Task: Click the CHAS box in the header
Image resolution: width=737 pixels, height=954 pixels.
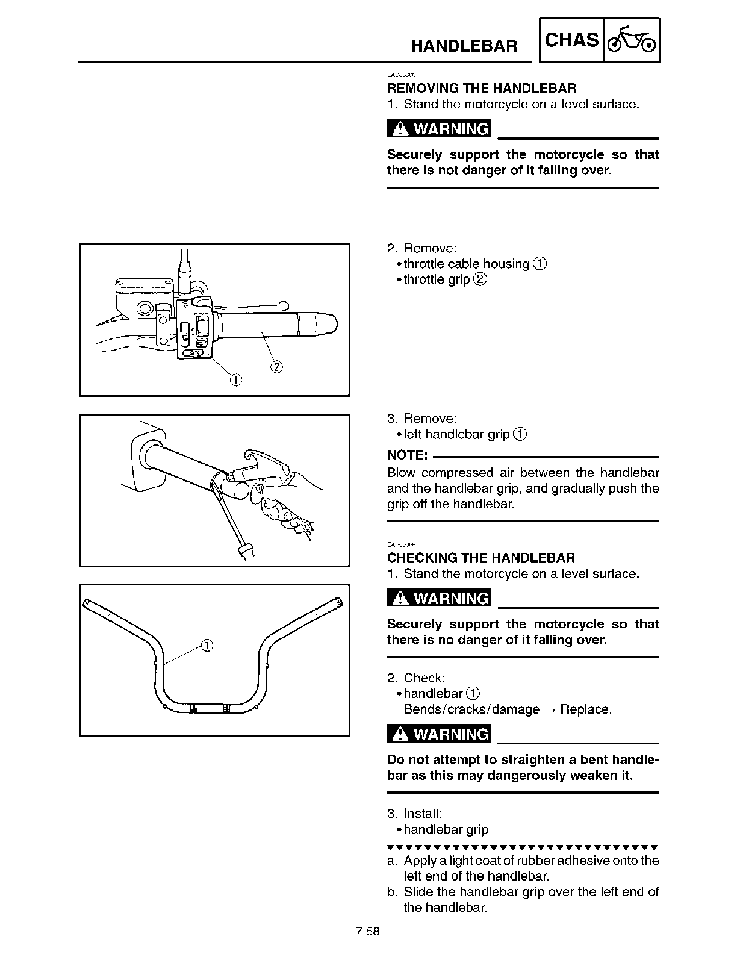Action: (x=571, y=40)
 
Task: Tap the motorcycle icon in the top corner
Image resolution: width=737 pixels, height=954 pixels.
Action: (x=632, y=40)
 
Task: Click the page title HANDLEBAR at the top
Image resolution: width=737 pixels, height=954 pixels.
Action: (x=464, y=46)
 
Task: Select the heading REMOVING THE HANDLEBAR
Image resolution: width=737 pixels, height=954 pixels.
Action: (x=481, y=89)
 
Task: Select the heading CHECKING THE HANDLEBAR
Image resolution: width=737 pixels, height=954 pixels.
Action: (x=480, y=558)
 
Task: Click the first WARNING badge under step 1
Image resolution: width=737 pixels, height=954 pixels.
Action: (x=439, y=129)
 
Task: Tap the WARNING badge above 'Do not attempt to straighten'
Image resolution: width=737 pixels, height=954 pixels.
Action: (x=439, y=735)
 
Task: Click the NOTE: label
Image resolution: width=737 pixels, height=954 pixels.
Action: (x=407, y=454)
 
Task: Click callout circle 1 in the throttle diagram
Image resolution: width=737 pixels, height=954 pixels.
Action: (x=235, y=379)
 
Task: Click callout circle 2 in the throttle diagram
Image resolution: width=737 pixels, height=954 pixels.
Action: (x=276, y=366)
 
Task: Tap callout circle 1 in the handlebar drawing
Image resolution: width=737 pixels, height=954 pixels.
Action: (x=205, y=645)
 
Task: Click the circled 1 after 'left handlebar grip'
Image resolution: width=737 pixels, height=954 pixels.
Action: (x=521, y=434)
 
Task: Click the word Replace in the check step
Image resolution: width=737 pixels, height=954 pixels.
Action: (x=585, y=709)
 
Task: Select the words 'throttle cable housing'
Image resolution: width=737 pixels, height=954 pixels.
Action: (x=466, y=264)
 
